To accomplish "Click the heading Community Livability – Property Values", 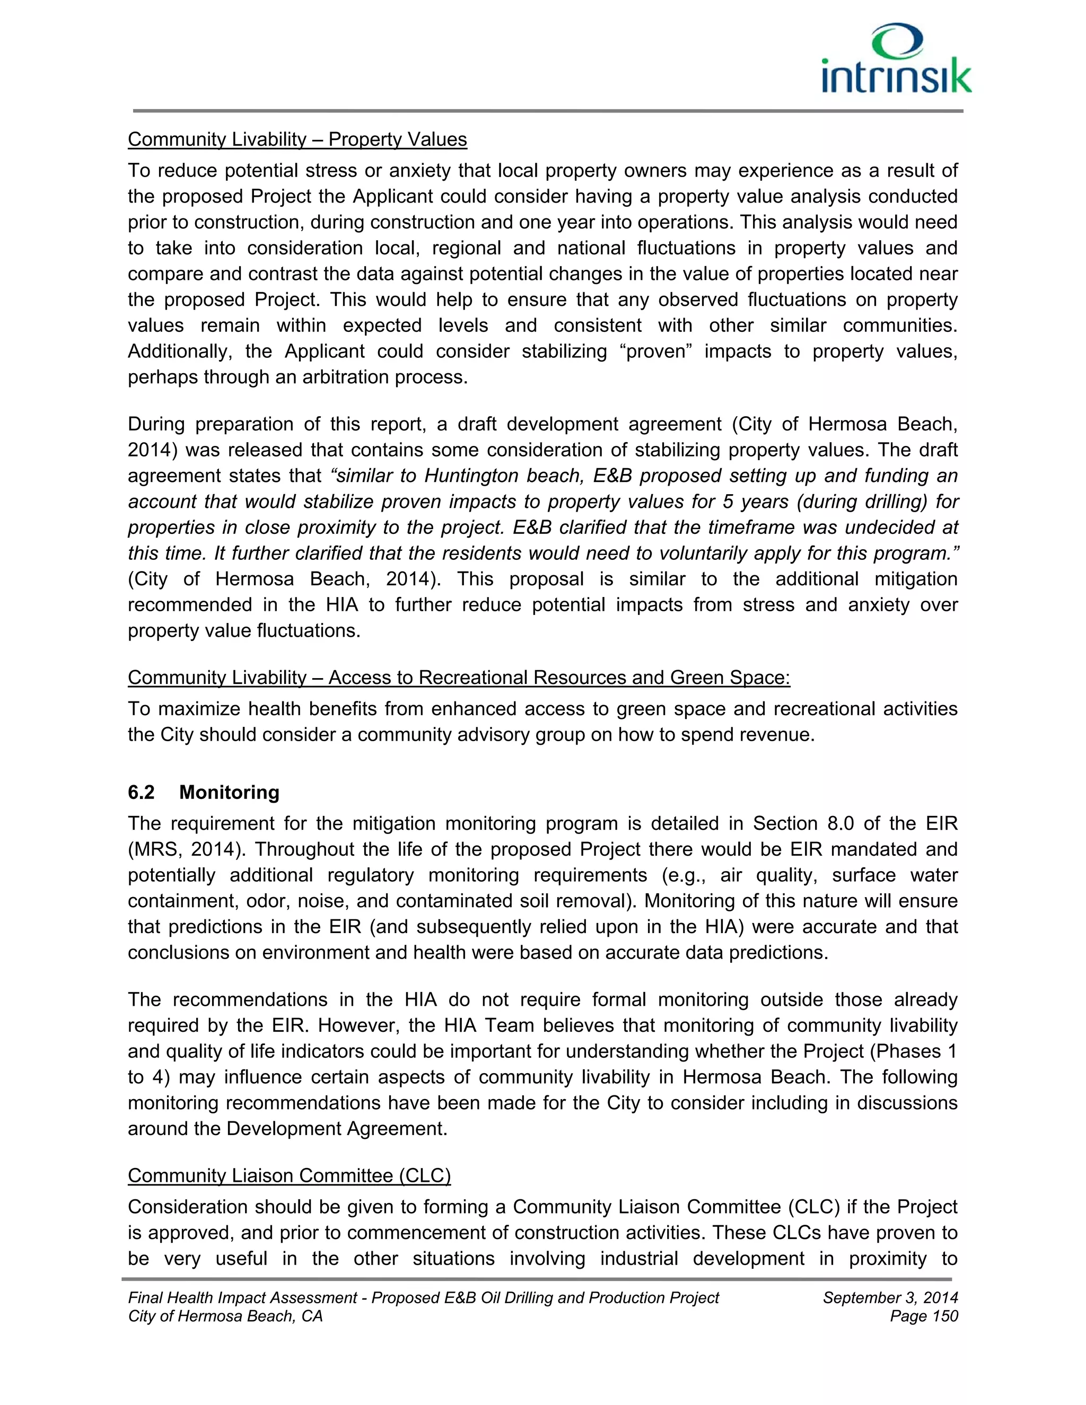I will [x=297, y=139].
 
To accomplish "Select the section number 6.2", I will [x=141, y=792].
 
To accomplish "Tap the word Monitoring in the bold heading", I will [x=229, y=792].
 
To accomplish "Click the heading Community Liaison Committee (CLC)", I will [x=289, y=1175].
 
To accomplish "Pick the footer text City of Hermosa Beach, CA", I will [x=225, y=1316].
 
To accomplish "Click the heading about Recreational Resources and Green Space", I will [x=459, y=678].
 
